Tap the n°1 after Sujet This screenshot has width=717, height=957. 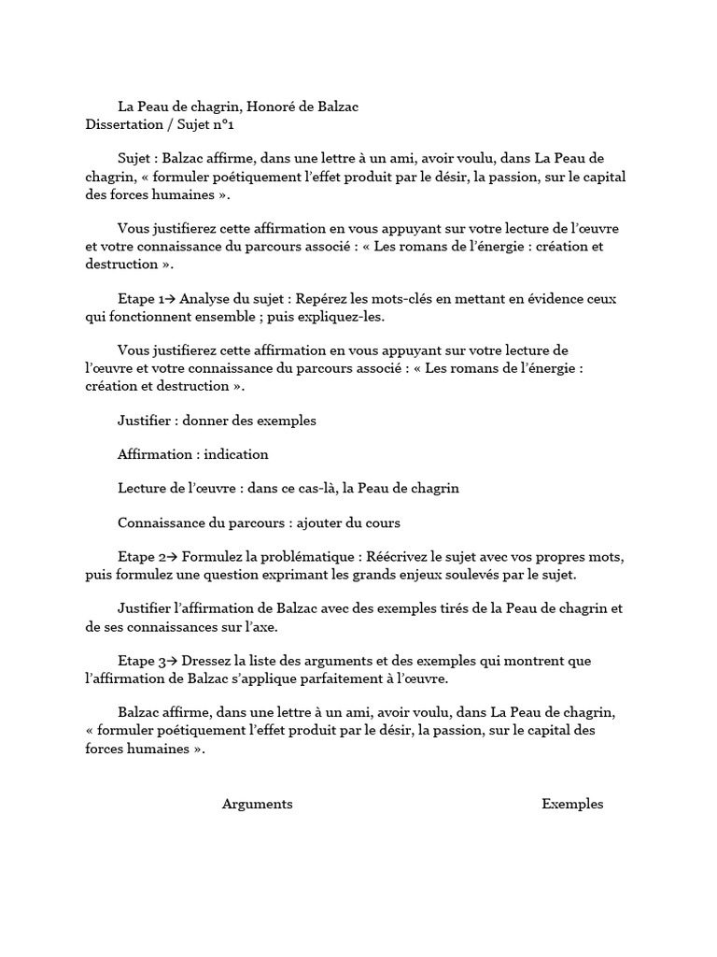click(x=232, y=123)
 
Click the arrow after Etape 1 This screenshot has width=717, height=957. click(x=170, y=299)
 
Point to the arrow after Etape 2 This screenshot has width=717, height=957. click(x=171, y=558)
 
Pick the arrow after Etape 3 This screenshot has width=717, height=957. click(x=171, y=662)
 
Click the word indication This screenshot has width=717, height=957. click(x=236, y=454)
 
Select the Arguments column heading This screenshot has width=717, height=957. click(x=257, y=805)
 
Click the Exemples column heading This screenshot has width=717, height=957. click(x=572, y=805)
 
